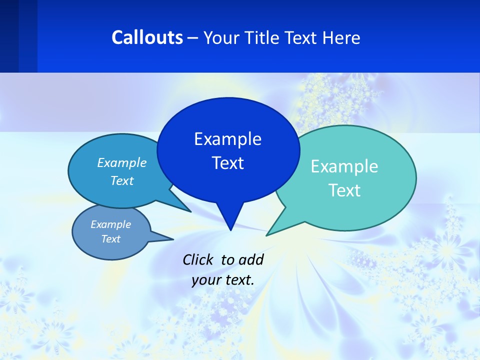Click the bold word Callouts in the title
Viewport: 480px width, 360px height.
tap(147, 38)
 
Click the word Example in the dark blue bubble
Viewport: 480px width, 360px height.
tap(227, 139)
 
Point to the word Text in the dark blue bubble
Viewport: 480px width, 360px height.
tap(227, 163)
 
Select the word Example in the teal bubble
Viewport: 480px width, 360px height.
tap(344, 166)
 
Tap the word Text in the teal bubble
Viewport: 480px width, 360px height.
tap(344, 190)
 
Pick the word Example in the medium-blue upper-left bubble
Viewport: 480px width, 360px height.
tap(122, 163)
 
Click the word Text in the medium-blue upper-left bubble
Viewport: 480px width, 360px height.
tap(122, 181)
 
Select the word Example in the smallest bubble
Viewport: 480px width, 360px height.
tap(110, 225)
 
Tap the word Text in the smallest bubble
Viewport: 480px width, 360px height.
tap(110, 239)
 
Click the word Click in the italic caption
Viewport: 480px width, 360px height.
tap(197, 260)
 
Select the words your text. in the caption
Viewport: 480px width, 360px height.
tap(223, 280)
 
